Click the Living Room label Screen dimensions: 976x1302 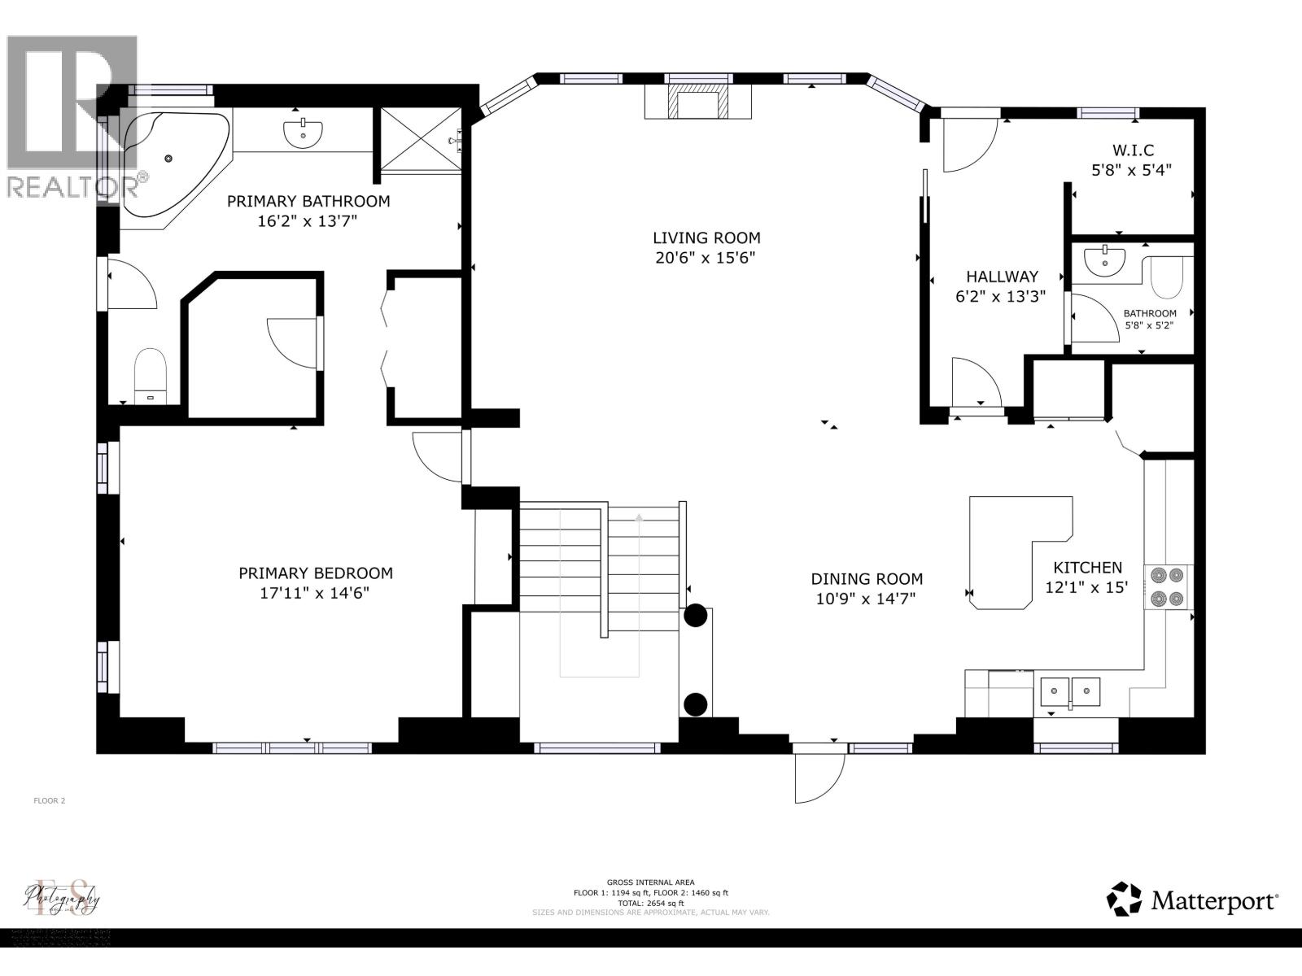pos(706,237)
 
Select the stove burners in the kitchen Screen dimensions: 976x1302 pos(1167,587)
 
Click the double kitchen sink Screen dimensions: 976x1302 pos(1070,692)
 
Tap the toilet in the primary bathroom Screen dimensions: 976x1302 pos(150,375)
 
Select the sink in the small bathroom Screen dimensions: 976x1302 pos(1105,259)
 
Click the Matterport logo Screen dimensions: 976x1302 pos(1192,900)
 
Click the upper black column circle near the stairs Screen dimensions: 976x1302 pos(695,616)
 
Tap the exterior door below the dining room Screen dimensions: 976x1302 pos(820,774)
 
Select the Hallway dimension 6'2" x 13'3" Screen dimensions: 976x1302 pos(1000,297)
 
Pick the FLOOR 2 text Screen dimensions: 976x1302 pos(49,800)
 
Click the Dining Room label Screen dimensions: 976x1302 pos(867,579)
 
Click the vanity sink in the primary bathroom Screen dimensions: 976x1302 pos(304,132)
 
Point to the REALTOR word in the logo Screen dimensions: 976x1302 pos(72,186)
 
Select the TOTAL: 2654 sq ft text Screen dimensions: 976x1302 pos(650,903)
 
